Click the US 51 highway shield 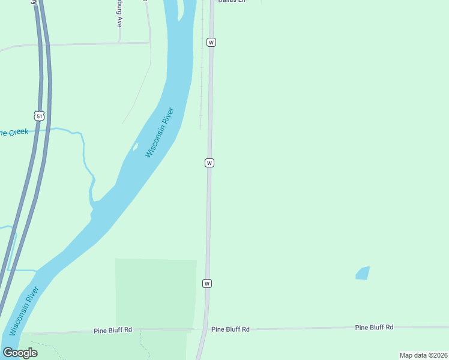39,115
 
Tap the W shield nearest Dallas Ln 211,42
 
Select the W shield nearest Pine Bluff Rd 207,283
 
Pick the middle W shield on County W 209,163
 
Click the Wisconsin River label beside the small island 160,133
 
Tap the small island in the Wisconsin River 136,146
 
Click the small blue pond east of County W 363,273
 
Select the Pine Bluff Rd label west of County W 113,331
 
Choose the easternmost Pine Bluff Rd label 374,327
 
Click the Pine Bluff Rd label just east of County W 230,329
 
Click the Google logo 20,353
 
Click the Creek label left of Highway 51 13,132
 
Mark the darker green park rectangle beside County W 155,294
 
